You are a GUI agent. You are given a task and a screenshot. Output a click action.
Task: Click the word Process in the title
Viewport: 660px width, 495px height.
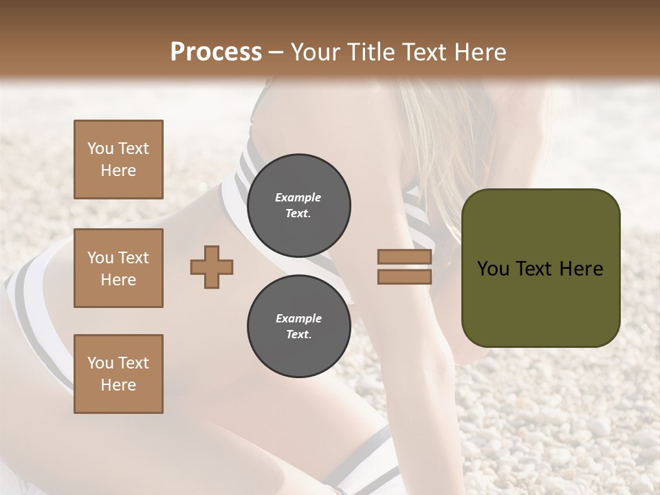tap(216, 52)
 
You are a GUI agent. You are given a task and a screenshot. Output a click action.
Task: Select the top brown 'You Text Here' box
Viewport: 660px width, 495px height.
tap(118, 159)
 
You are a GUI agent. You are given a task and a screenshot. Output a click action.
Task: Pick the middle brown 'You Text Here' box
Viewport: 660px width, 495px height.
tap(118, 268)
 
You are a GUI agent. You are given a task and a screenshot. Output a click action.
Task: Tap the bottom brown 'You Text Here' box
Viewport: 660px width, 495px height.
tap(118, 374)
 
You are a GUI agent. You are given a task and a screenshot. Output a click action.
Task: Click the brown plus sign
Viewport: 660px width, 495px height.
tap(212, 267)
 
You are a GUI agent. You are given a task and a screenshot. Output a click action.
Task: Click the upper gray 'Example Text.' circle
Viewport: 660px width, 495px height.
tap(298, 205)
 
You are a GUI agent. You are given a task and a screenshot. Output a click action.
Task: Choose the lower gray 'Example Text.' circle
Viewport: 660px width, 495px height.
tap(298, 326)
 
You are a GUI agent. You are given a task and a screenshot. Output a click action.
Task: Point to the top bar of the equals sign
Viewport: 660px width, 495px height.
tap(404, 257)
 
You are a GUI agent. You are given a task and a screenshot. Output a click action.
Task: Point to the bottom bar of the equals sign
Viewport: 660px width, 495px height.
tap(404, 276)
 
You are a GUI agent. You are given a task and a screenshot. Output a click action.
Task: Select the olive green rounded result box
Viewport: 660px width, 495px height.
tap(540, 267)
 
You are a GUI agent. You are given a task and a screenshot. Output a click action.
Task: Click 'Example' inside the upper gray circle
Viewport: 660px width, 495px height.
tap(298, 197)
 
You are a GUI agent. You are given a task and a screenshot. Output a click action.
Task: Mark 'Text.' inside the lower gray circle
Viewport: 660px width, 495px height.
tap(298, 335)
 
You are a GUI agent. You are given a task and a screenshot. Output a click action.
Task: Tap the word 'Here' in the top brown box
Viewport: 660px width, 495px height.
tap(118, 170)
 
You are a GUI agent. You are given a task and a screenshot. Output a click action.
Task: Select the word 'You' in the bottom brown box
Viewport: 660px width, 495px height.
tap(100, 363)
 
